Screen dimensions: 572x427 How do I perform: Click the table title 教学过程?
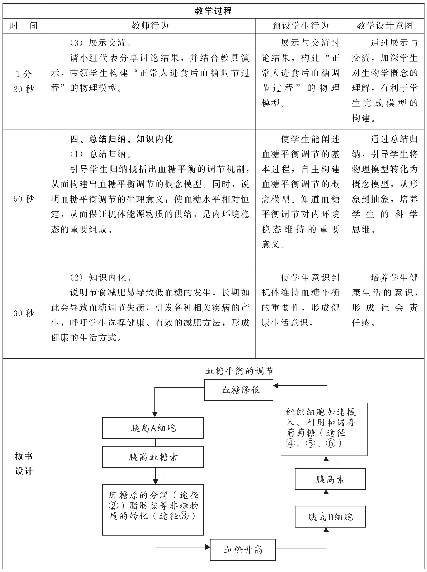point(213,11)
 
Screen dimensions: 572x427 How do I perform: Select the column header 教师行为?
point(150,26)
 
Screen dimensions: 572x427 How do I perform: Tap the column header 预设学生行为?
point(300,26)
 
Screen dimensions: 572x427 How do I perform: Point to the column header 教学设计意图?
point(385,26)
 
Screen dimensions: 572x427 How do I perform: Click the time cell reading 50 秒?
point(24,199)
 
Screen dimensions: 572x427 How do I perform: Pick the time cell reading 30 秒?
point(24,313)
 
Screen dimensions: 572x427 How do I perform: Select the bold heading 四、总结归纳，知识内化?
point(122,139)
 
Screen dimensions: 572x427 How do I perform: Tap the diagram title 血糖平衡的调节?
point(239,371)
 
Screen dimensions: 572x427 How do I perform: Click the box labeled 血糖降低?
point(239,390)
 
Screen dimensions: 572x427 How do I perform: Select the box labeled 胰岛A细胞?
point(153,428)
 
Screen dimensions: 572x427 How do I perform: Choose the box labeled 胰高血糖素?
point(153,457)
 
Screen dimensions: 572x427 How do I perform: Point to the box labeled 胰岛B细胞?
point(330,517)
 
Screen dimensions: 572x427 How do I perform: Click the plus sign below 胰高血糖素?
point(165,475)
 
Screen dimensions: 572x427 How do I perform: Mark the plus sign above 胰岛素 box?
point(338,463)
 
